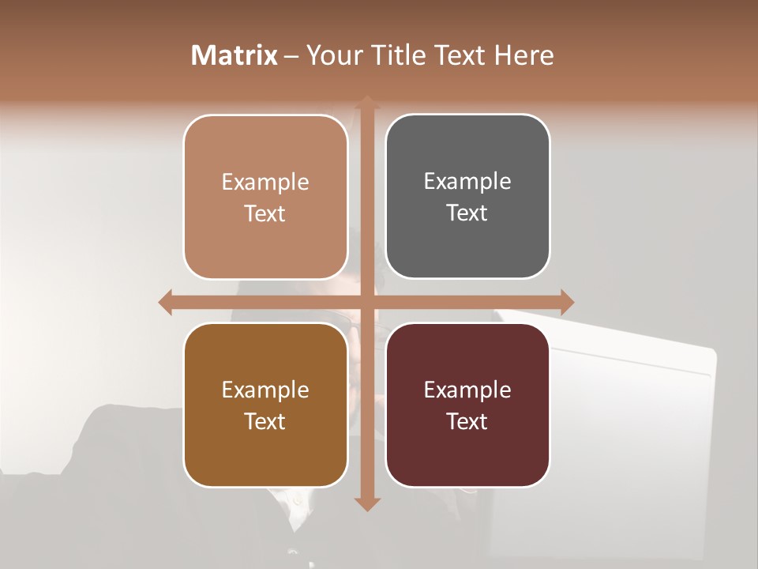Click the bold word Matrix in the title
235,55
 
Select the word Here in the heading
524,55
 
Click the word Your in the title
332,55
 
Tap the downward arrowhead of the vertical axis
366,503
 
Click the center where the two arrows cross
366,302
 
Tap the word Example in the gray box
467,182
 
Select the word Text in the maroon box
467,421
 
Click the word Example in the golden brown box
265,390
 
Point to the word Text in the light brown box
265,213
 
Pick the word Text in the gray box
467,213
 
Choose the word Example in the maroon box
467,390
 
